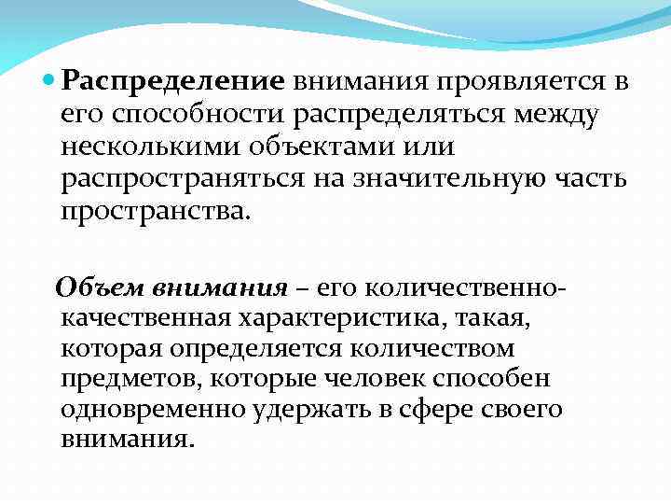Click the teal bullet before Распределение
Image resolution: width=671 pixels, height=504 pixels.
(x=50, y=81)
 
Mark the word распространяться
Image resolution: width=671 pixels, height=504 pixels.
(x=183, y=180)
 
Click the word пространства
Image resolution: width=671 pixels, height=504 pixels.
(x=155, y=212)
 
